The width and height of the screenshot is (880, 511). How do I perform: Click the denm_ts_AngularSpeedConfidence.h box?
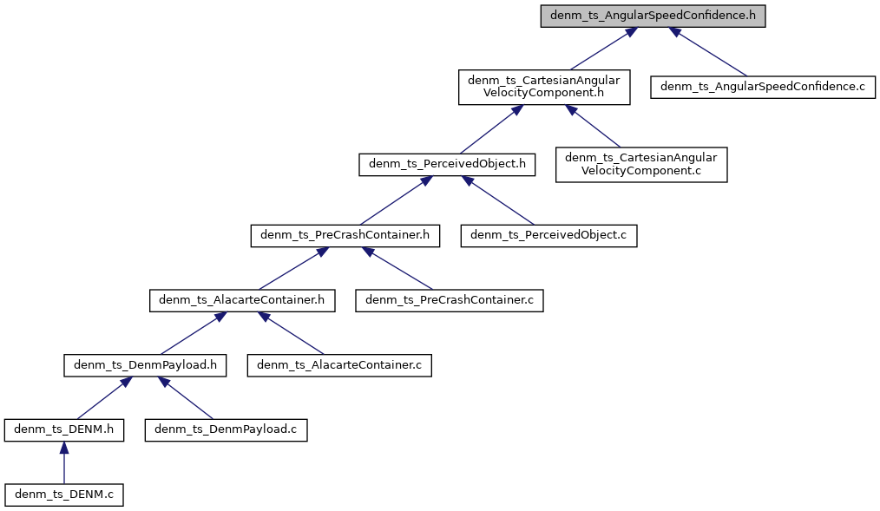653,16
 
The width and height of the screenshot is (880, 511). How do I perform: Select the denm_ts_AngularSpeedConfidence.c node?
764,87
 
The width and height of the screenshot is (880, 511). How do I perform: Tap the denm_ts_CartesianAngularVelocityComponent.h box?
544,88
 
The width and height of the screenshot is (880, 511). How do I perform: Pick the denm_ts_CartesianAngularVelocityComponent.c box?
641,164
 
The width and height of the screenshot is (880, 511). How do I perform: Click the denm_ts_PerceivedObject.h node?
447,165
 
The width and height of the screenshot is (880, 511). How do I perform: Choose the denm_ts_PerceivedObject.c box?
548,235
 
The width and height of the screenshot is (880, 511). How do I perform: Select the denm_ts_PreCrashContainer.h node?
345,235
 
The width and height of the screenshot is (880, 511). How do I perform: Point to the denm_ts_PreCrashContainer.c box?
450,300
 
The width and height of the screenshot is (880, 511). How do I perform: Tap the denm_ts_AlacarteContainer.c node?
339,365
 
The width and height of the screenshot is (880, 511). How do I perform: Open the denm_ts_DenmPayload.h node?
145,365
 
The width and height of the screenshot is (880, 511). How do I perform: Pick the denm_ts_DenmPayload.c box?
227,429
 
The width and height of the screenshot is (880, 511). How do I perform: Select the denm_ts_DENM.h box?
64,429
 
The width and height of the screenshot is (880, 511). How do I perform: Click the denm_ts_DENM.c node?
64,495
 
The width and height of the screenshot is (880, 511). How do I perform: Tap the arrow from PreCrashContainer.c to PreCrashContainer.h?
399,268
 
